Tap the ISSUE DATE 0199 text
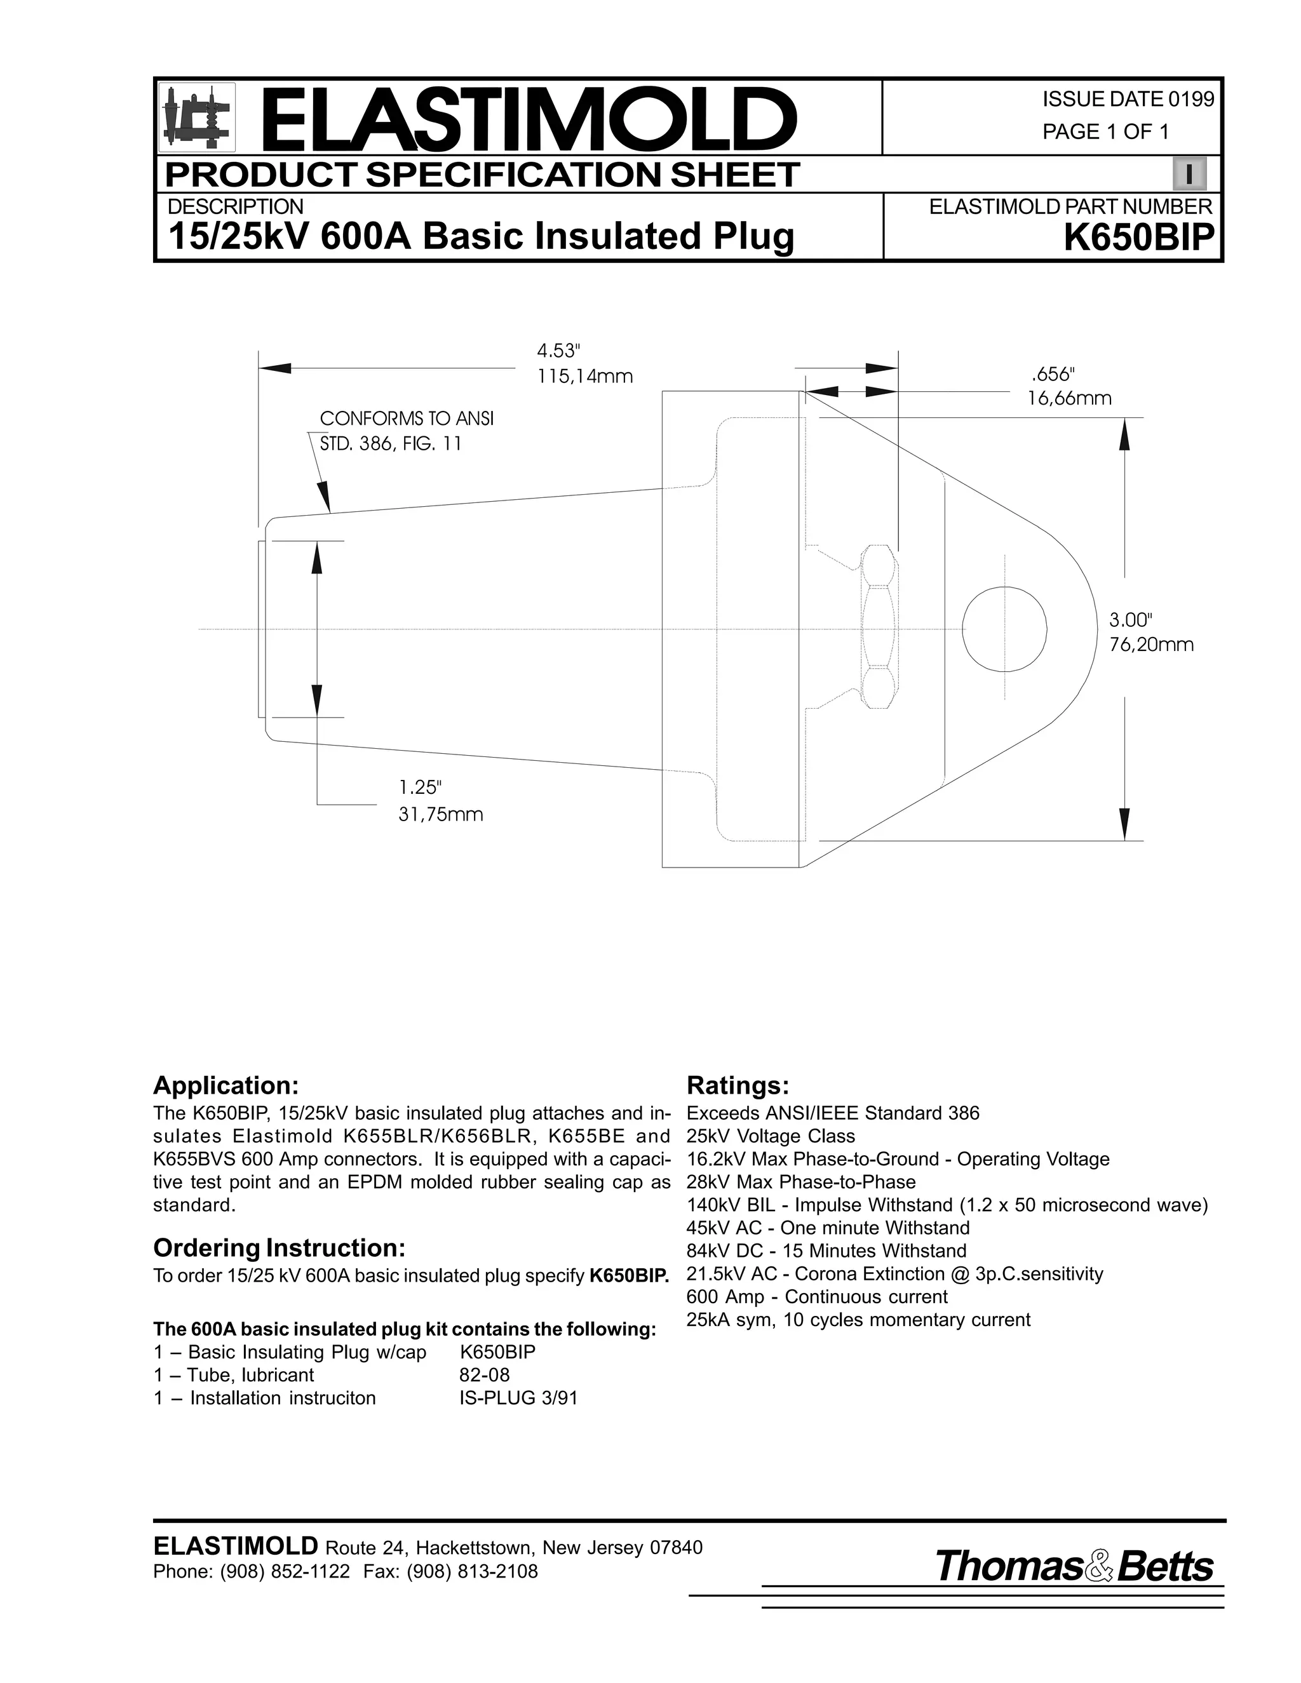(x=1128, y=100)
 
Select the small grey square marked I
(x=1189, y=175)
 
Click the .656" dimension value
(x=1052, y=375)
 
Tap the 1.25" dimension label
(x=420, y=788)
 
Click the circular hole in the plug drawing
(x=1005, y=629)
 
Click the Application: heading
(x=226, y=1086)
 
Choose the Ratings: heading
(x=738, y=1086)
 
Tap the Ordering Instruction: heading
(x=279, y=1247)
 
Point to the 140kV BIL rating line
(x=947, y=1205)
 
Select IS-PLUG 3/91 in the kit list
(x=518, y=1398)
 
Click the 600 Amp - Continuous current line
(x=817, y=1297)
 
